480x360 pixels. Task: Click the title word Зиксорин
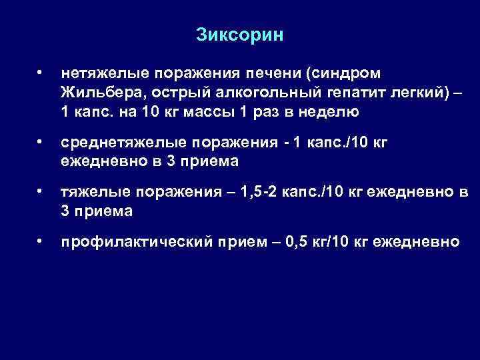tap(240, 35)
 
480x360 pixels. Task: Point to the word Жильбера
tap(97, 91)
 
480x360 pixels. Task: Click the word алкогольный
tap(239, 91)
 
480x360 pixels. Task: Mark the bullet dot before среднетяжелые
tap(41, 141)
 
